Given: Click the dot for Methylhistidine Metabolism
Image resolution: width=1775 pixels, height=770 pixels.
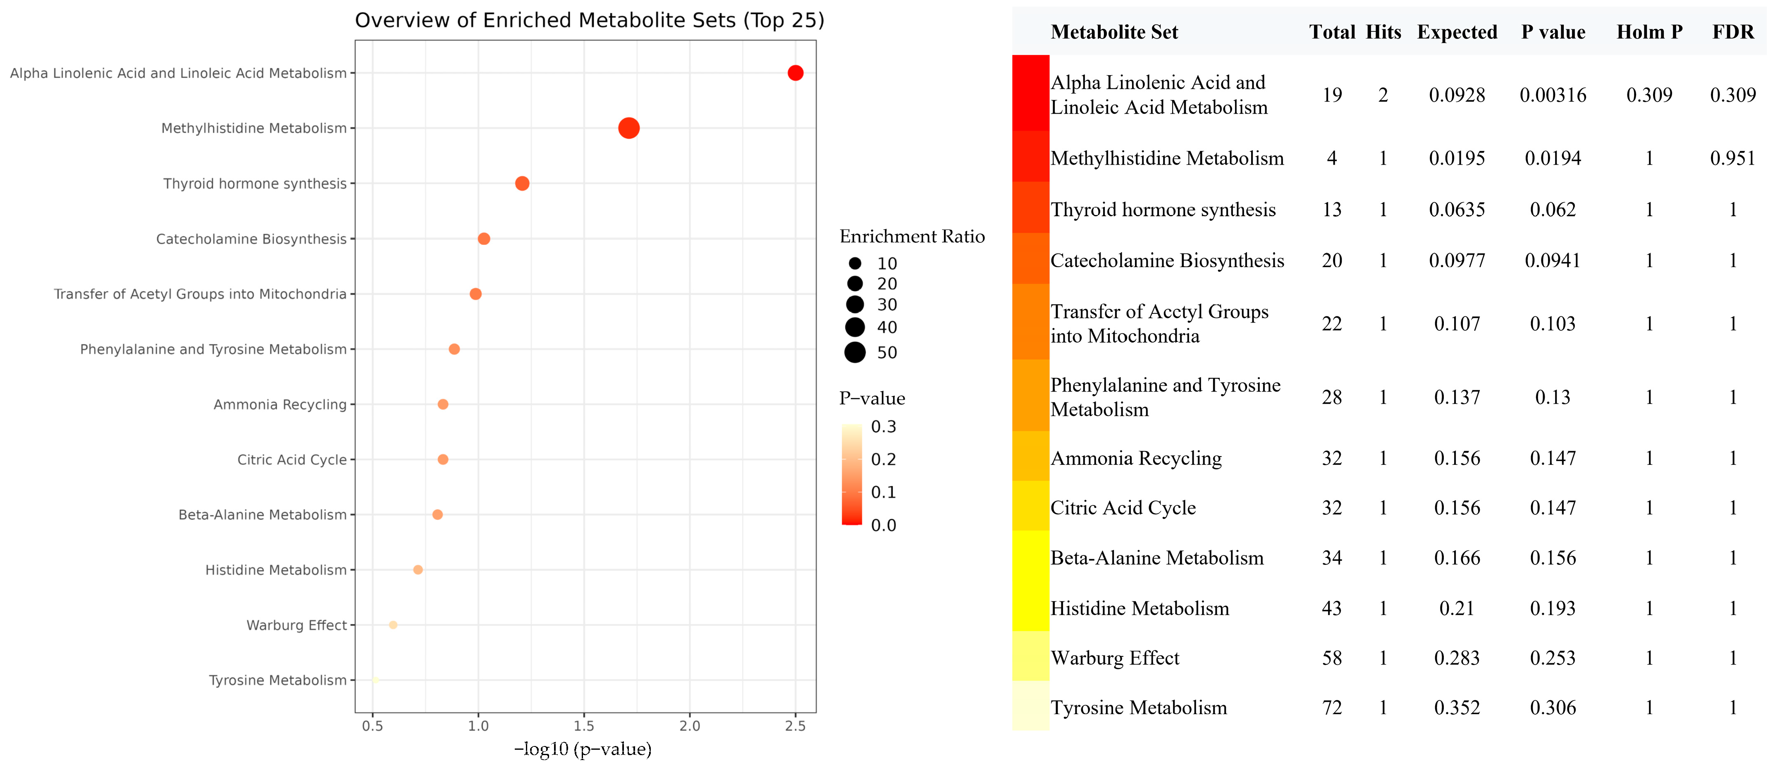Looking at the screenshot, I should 628,128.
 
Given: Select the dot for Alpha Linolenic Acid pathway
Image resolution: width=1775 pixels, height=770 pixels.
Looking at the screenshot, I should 795,73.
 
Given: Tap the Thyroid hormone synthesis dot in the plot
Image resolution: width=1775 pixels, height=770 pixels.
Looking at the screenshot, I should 522,183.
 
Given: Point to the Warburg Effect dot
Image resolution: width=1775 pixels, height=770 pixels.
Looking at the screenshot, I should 393,625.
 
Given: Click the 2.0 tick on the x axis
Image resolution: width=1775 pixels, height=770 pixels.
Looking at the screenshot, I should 690,726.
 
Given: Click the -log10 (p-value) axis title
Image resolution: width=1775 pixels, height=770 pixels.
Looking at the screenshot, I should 583,749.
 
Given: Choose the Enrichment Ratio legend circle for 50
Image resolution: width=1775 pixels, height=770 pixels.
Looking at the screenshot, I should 855,352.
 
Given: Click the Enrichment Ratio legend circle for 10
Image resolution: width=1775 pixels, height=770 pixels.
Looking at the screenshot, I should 855,263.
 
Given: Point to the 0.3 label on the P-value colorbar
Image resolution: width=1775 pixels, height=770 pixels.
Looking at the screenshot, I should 884,427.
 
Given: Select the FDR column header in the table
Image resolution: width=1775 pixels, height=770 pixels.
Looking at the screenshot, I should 1733,32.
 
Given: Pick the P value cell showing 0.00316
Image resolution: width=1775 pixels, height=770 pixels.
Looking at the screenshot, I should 1553,95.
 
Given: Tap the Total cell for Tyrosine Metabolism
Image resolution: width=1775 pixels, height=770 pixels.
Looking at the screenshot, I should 1331,708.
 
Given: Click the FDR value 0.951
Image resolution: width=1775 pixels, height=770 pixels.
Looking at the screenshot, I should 1732,158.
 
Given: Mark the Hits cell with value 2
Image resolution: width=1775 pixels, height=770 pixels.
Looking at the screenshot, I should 1383,95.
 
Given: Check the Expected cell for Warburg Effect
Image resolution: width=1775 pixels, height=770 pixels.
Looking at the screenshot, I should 1457,658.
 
